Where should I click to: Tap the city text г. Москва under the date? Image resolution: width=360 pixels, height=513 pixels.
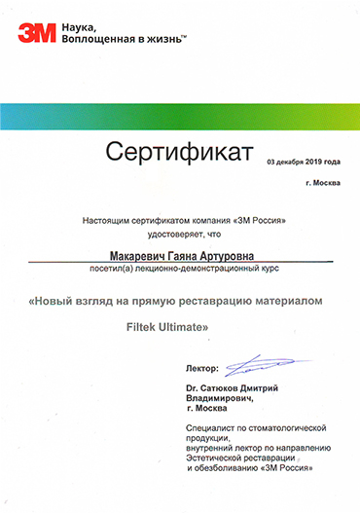(323, 182)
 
